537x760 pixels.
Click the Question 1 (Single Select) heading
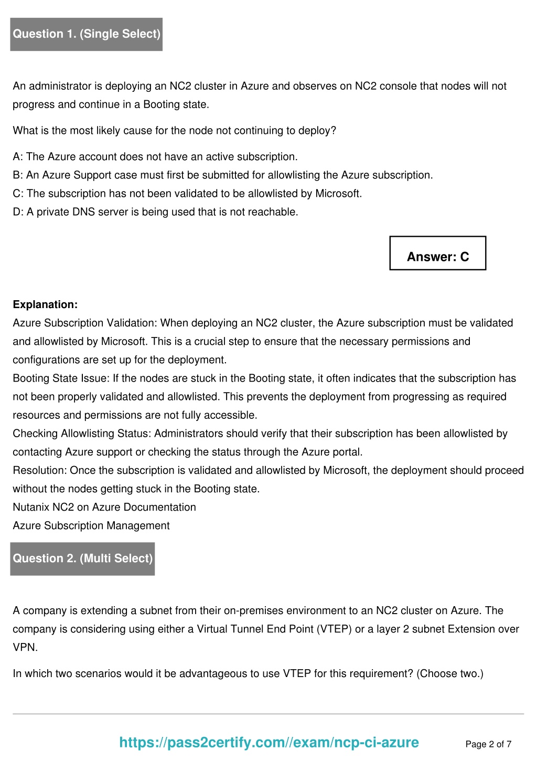point(87,34)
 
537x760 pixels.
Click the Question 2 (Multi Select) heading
point(83,558)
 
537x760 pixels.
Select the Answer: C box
point(438,257)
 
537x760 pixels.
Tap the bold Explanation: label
point(45,305)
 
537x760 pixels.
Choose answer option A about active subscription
point(155,157)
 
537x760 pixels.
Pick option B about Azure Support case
point(223,175)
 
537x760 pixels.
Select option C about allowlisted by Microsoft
point(187,194)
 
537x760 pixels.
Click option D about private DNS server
point(155,212)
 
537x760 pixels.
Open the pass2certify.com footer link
point(269,742)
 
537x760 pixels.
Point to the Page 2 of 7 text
point(488,744)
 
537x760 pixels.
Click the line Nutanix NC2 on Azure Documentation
point(104,508)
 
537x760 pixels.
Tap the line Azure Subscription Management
point(91,526)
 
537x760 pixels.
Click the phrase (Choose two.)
point(450,674)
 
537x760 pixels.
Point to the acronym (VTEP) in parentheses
point(334,629)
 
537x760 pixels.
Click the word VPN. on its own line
point(25,648)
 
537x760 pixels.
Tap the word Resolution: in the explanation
point(40,471)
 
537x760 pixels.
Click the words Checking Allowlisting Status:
point(82,434)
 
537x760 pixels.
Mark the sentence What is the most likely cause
point(174,131)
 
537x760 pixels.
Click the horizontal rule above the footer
point(268,714)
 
